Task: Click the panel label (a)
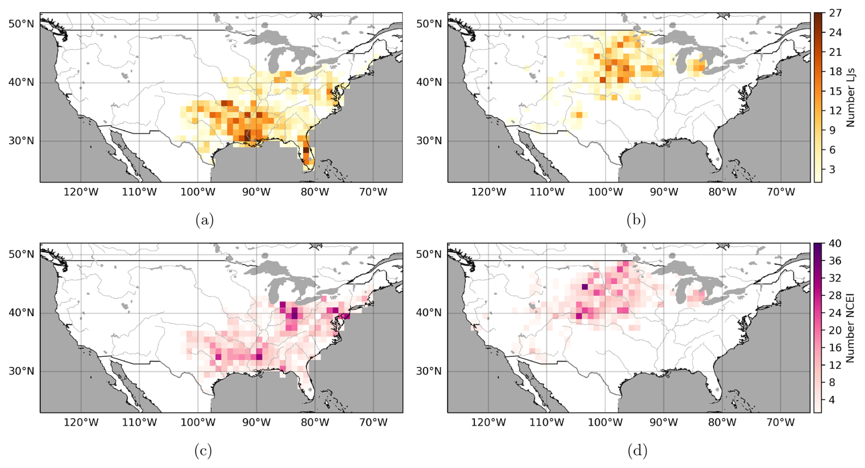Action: point(204,220)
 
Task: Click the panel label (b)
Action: point(636,220)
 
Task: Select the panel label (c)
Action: point(203,451)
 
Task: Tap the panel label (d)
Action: point(637,451)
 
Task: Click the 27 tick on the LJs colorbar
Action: point(835,13)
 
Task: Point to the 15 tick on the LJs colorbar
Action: point(835,91)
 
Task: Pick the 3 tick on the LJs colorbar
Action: point(833,170)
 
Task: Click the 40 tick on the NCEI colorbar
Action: point(835,244)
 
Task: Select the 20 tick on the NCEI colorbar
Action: point(835,330)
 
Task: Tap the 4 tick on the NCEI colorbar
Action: point(833,400)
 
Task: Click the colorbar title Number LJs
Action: point(851,97)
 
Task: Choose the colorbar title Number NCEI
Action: point(851,328)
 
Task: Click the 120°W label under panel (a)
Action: point(81,192)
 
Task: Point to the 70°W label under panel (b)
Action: point(781,192)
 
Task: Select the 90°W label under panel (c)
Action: point(256,422)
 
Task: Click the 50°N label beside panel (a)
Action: point(21,24)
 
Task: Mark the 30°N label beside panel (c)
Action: point(21,371)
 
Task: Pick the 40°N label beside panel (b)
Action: point(429,82)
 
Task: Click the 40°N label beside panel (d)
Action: point(429,313)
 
